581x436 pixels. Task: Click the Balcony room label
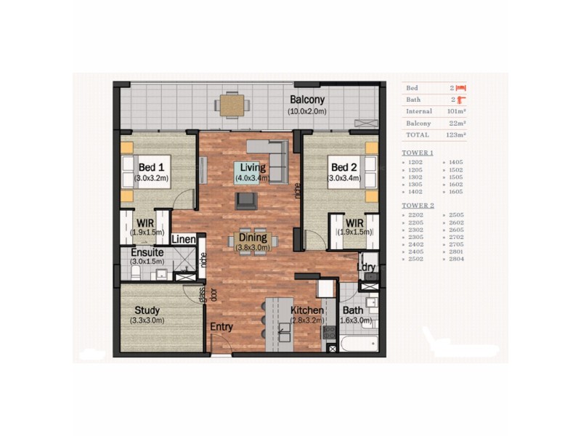307,100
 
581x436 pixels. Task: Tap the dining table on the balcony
232,105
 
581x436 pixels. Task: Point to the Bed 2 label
344,166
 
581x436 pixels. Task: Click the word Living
253,166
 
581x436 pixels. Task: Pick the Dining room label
253,237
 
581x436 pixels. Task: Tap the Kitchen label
307,310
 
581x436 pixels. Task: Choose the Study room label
147,309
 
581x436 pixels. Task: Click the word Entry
222,327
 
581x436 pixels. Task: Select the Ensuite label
147,252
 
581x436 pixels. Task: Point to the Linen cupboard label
184,239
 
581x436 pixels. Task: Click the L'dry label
367,267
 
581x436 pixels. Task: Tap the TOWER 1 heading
418,153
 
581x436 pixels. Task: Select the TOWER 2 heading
418,205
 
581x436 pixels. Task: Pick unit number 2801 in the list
457,250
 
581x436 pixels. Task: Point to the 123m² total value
456,134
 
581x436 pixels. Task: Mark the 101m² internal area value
456,111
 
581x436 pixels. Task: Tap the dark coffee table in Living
245,199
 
